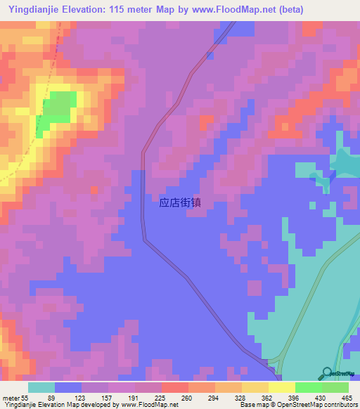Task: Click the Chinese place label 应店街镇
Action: click(x=181, y=203)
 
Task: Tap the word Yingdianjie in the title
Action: click(x=31, y=10)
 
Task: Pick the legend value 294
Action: click(x=205, y=397)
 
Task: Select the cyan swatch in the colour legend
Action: click(x=41, y=387)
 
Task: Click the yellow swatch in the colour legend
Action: click(x=281, y=387)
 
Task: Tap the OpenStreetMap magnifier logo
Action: click(x=328, y=372)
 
